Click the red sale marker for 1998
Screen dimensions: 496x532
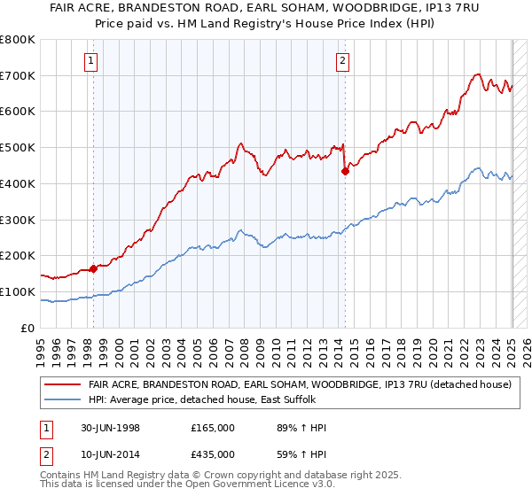click(x=93, y=267)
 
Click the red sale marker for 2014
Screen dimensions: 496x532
click(x=345, y=171)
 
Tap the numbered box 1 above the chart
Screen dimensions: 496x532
click(x=92, y=61)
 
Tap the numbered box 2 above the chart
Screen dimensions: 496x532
click(x=342, y=61)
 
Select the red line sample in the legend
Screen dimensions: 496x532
click(x=63, y=385)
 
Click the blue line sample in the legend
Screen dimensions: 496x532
click(x=63, y=400)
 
